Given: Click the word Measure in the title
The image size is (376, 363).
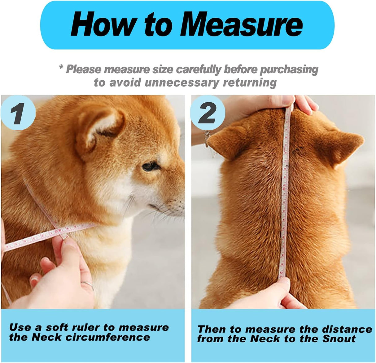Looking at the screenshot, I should pos(242,25).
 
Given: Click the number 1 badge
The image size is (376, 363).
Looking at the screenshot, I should pos(18,113).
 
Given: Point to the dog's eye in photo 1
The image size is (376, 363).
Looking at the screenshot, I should pos(151,166).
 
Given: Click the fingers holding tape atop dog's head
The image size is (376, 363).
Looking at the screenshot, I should pos(305,104).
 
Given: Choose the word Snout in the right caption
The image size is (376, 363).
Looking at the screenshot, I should pos(339,339).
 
